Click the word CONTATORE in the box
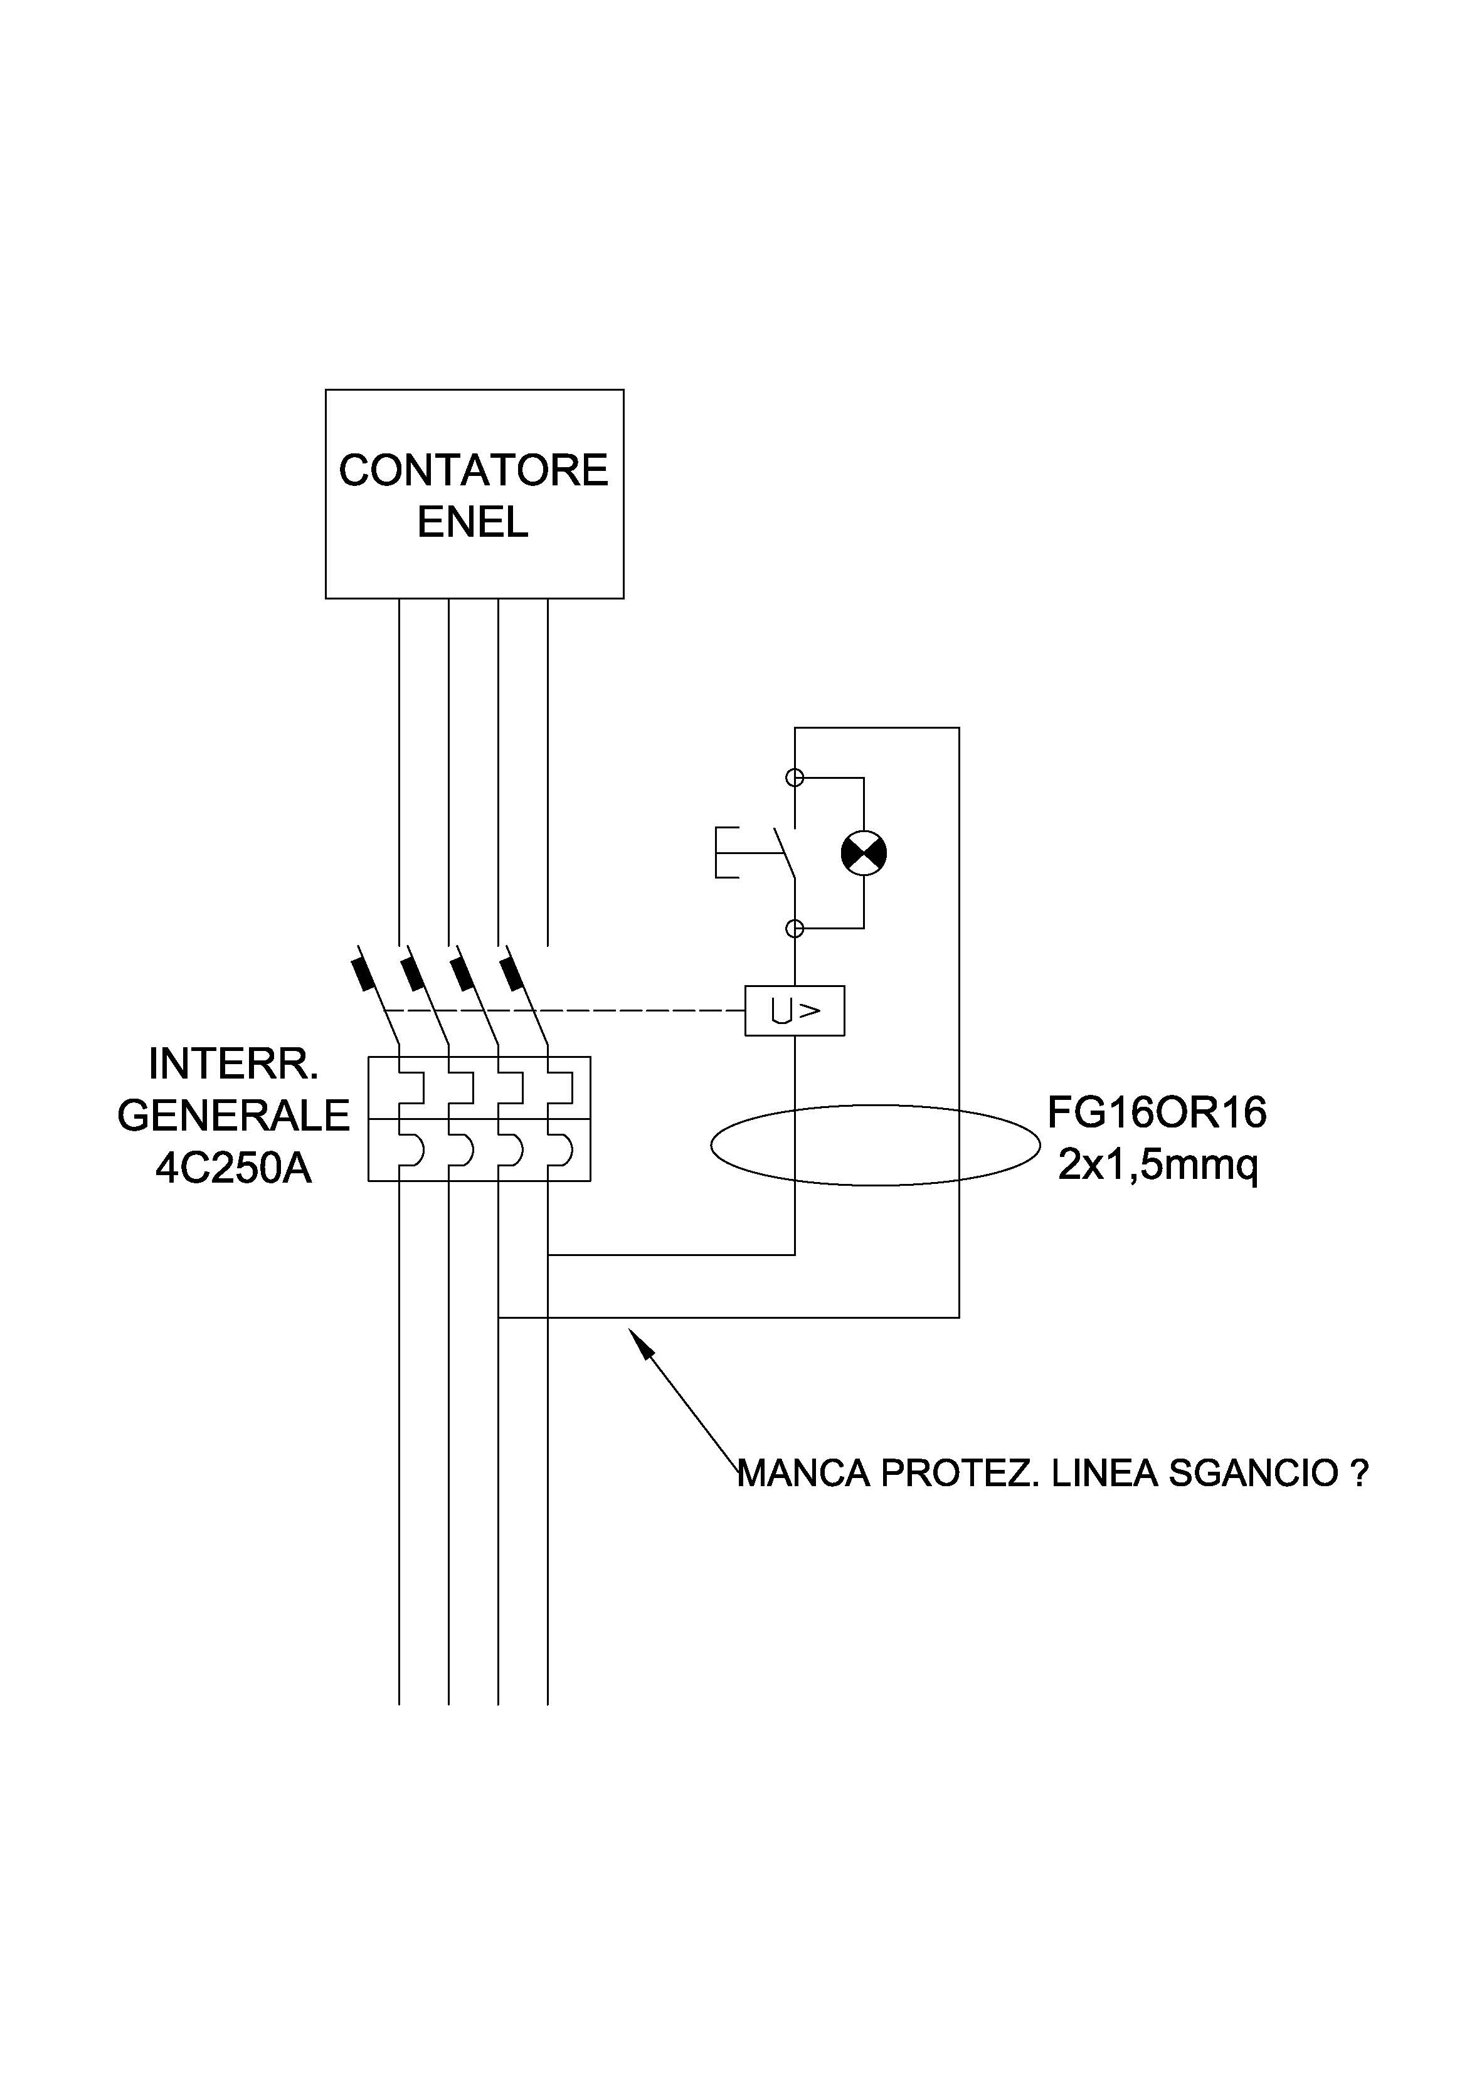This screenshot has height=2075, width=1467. point(474,471)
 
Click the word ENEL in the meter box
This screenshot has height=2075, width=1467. point(473,522)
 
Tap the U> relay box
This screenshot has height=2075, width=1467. point(795,1010)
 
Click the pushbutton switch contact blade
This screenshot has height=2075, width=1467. point(785,852)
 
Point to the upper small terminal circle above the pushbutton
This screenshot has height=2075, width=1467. point(795,777)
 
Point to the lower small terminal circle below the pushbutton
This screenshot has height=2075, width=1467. point(795,928)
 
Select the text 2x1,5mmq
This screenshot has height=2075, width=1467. point(1158,1166)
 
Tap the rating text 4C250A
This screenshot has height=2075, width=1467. point(233,1168)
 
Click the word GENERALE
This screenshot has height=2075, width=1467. point(233,1116)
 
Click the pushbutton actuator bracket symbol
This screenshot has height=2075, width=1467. point(726,852)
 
